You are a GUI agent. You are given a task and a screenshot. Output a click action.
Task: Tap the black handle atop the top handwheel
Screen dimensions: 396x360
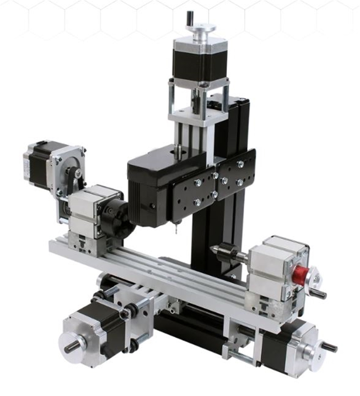[190, 18]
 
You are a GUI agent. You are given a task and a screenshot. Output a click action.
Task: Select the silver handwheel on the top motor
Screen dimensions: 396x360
[201, 29]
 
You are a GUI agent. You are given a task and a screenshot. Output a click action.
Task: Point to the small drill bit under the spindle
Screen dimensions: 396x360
[176, 229]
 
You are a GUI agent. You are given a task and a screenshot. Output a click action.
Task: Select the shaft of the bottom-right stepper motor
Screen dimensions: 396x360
[329, 347]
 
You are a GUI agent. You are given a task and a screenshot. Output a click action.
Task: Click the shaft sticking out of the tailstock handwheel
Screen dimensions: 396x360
[318, 293]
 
